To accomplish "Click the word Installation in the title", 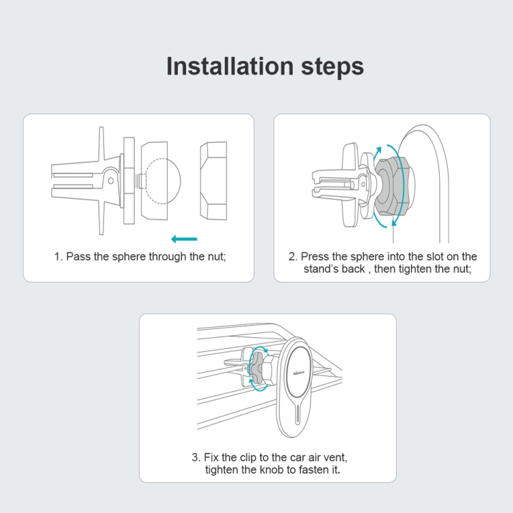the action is coord(230,66).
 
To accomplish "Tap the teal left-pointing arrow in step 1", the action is coord(184,239).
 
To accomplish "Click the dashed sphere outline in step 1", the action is coord(163,181).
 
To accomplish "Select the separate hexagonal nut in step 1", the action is coord(213,181).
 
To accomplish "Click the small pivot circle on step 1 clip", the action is coord(111,181).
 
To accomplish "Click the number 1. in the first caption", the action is coord(58,256).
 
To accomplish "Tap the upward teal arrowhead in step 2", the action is coord(378,151).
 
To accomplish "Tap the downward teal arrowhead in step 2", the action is coord(394,222).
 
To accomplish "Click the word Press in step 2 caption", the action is coord(315,256).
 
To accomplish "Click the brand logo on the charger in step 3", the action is coord(299,372).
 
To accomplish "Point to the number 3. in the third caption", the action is coord(196,458).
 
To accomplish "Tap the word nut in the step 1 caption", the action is coord(216,256).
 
